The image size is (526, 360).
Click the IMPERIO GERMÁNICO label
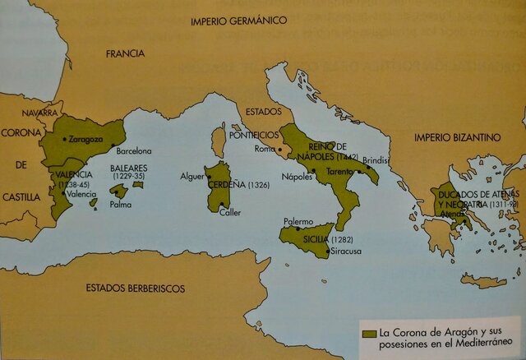(238, 19)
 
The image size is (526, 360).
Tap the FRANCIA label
(125, 54)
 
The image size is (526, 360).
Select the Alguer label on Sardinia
(191, 176)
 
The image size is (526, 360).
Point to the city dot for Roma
(279, 150)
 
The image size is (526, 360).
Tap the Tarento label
(340, 171)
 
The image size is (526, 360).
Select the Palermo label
(298, 221)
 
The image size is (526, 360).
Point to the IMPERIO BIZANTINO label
(457, 136)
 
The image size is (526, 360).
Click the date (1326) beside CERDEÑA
(257, 184)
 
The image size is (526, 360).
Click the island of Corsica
(219, 141)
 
